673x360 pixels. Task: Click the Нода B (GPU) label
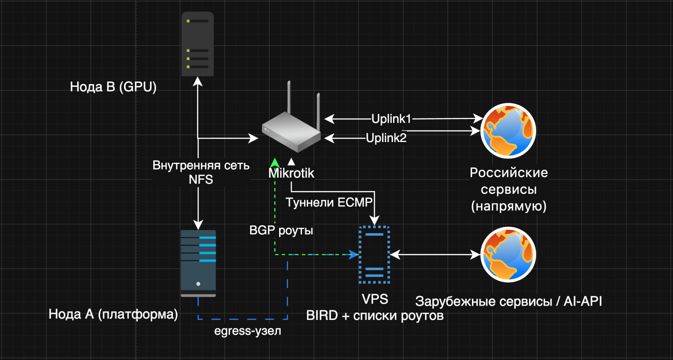click(x=113, y=87)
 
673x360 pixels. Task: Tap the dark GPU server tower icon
click(x=198, y=44)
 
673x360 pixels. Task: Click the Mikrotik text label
click(x=292, y=174)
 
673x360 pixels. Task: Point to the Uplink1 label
click(x=391, y=119)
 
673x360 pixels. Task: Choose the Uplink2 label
click(x=386, y=138)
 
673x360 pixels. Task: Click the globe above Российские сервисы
click(x=508, y=131)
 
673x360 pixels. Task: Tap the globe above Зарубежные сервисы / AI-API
click(x=508, y=255)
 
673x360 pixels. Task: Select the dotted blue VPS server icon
click(x=374, y=255)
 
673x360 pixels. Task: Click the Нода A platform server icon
click(x=198, y=264)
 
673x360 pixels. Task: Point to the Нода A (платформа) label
click(x=113, y=314)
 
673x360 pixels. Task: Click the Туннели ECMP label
click(x=329, y=202)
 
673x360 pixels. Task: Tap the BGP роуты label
click(x=281, y=231)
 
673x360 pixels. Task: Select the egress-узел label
click(x=248, y=331)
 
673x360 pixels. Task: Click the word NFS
click(x=201, y=180)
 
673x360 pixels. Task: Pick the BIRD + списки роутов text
click(x=374, y=316)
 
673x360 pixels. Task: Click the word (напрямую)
click(x=509, y=206)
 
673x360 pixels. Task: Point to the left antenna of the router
click(x=289, y=98)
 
